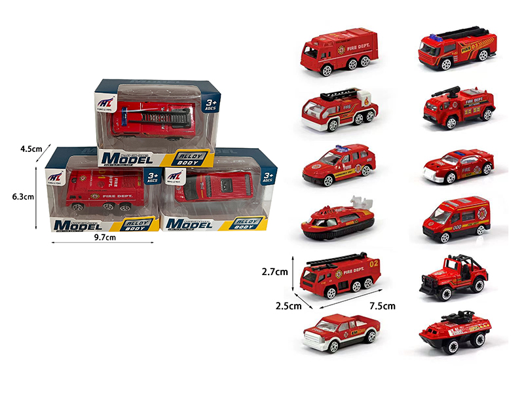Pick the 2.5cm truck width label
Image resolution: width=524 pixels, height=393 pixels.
click(x=288, y=306)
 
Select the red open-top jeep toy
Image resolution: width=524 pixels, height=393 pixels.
click(x=454, y=276)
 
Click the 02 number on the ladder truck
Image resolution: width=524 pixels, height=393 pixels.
click(x=374, y=264)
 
